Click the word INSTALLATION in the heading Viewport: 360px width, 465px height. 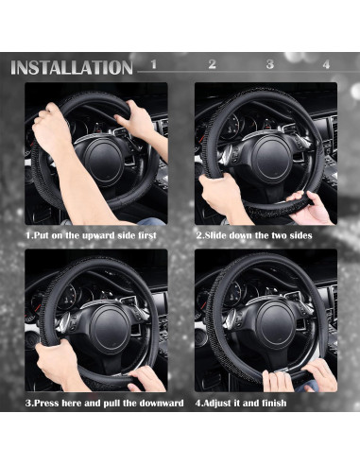click(x=71, y=67)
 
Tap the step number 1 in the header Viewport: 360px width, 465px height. click(x=154, y=65)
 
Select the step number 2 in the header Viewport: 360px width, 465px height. click(x=212, y=65)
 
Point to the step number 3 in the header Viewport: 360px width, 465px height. click(x=269, y=65)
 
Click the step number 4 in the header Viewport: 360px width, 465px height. click(x=326, y=65)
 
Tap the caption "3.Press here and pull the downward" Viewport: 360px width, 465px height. click(x=104, y=404)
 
